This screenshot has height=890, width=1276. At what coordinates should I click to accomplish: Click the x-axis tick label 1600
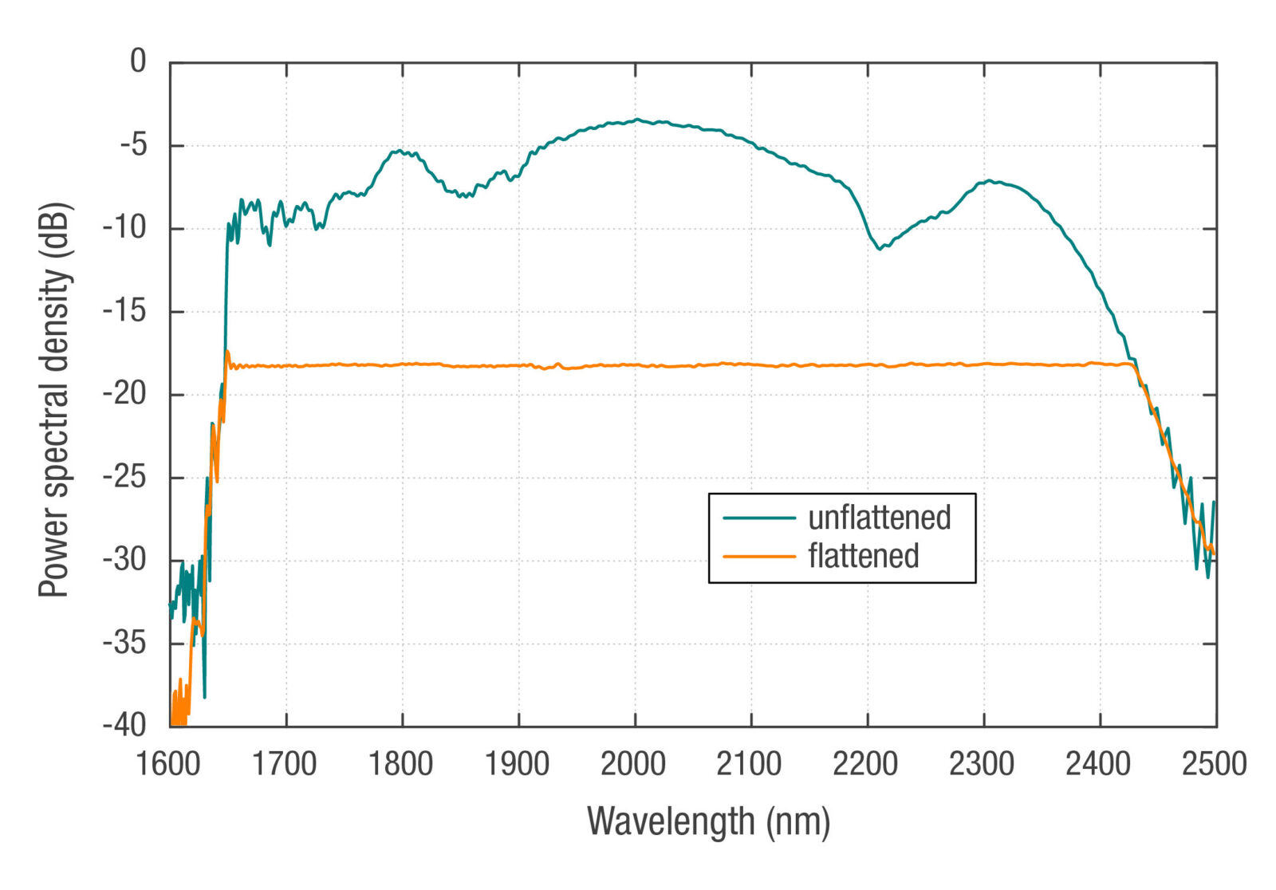[x=168, y=764]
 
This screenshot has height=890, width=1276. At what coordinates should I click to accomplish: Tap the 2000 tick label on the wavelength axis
[x=633, y=764]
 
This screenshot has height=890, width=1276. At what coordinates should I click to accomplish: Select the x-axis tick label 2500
[x=1214, y=764]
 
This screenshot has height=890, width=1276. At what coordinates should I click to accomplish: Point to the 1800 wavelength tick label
[x=400, y=764]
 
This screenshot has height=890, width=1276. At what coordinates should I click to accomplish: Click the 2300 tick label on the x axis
[x=982, y=764]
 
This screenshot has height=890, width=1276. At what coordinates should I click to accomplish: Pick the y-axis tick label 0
[x=139, y=61]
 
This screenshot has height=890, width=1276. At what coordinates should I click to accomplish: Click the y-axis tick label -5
[x=132, y=144]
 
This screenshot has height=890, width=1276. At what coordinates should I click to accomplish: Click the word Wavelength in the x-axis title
[x=671, y=821]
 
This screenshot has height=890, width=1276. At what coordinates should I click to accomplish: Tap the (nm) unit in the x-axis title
[x=798, y=821]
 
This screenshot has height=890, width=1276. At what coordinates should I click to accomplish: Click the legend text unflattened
[x=880, y=518]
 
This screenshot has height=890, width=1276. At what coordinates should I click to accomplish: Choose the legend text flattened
[x=864, y=556]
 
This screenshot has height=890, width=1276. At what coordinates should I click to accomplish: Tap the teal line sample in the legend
[x=759, y=518]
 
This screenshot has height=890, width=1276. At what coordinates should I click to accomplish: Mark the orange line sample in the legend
[x=759, y=556]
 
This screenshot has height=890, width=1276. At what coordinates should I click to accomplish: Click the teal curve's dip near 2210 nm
[x=880, y=249]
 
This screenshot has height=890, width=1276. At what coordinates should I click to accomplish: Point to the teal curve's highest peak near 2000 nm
[x=637, y=120]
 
